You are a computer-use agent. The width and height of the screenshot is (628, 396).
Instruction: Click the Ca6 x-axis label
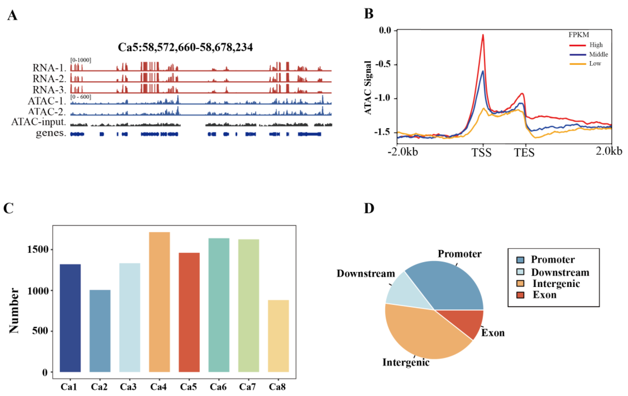point(218,387)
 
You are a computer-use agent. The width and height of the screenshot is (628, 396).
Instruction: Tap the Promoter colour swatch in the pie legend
point(520,260)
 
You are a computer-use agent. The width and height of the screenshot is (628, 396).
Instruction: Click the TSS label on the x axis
point(481,153)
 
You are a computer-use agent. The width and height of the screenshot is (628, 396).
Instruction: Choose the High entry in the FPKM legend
point(596,45)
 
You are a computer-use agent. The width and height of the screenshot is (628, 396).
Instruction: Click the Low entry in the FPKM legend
point(595,64)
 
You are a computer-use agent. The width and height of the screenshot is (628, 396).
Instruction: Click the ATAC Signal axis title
point(368,88)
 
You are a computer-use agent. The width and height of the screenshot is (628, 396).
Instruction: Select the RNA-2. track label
point(49,78)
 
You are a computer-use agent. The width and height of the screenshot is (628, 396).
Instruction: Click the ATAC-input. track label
point(39,122)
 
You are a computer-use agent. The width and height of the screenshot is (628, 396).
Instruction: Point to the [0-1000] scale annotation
point(81,60)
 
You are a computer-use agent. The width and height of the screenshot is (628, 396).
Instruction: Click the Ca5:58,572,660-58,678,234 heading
point(185,47)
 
